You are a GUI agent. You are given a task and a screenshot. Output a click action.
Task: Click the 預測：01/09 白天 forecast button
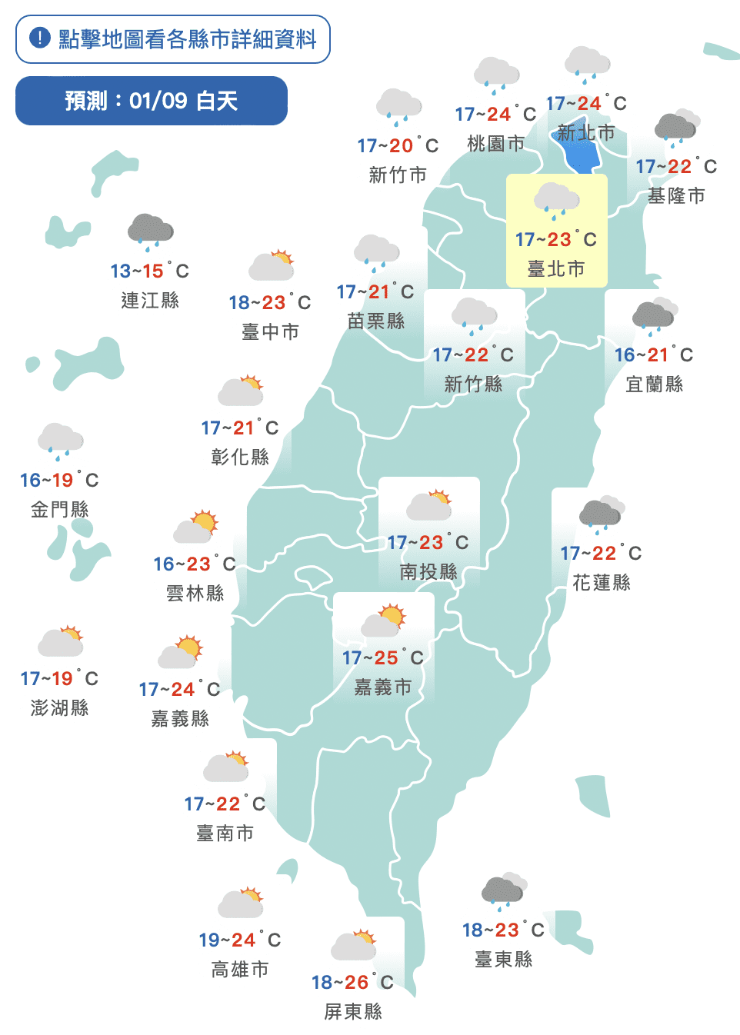click(x=152, y=101)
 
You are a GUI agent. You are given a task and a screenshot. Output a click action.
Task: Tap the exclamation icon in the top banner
click(x=39, y=38)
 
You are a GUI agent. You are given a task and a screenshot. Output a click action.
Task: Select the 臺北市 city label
click(x=556, y=268)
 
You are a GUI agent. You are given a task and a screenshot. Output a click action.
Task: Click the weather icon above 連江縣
click(x=150, y=231)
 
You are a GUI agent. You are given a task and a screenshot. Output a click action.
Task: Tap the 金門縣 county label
click(x=59, y=509)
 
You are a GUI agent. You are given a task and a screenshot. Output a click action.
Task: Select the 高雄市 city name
click(x=240, y=969)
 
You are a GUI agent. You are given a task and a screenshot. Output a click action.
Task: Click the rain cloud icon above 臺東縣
click(x=504, y=892)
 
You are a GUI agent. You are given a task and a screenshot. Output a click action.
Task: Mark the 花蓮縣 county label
click(x=602, y=583)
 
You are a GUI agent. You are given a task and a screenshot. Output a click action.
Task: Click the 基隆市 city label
click(x=676, y=196)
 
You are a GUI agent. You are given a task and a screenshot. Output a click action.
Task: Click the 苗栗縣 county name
click(x=376, y=321)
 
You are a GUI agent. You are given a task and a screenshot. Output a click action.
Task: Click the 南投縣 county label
click(x=428, y=571)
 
